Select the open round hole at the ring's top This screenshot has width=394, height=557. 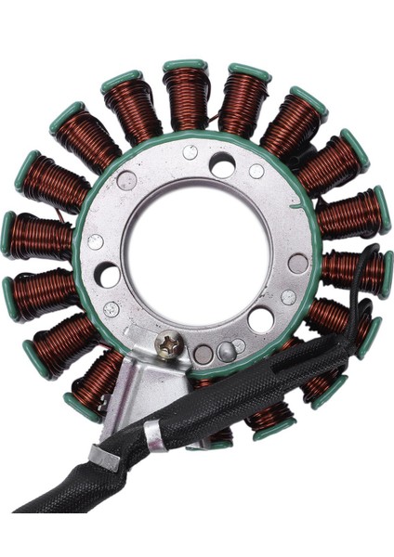[x=222, y=165]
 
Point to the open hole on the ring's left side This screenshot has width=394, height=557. [x=108, y=274]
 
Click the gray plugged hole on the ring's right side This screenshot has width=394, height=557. [x=297, y=263]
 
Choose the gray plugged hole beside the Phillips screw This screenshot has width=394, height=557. [x=203, y=354]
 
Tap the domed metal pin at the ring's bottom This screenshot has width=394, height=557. [x=226, y=351]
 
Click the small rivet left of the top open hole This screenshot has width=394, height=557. [x=190, y=152]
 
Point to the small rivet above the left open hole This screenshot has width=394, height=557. [x=95, y=242]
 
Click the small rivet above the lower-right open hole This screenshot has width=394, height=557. [x=288, y=297]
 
